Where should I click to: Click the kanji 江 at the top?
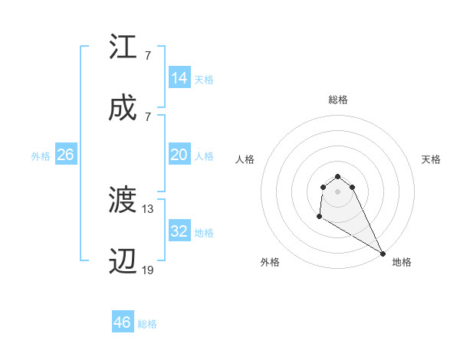tap(123, 47)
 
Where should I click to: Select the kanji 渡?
tap(123, 201)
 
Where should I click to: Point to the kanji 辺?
tap(123, 262)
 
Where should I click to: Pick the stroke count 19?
tap(148, 270)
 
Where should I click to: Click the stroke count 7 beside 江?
tap(147, 56)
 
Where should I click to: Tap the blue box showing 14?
tap(179, 78)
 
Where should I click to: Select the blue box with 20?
tap(179, 155)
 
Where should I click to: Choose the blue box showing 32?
tap(179, 231)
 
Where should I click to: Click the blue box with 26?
tap(65, 155)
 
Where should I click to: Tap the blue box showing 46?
tap(123, 322)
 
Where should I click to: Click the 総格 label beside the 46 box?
tap(148, 324)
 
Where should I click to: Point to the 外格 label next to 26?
tap(41, 156)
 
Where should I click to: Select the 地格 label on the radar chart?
tap(402, 262)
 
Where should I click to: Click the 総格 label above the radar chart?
tap(337, 100)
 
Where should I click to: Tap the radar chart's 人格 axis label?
tap(245, 159)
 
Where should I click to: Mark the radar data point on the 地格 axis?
tap(382, 254)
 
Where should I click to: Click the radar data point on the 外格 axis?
tap(319, 217)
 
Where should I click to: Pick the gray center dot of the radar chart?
tap(337, 191)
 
